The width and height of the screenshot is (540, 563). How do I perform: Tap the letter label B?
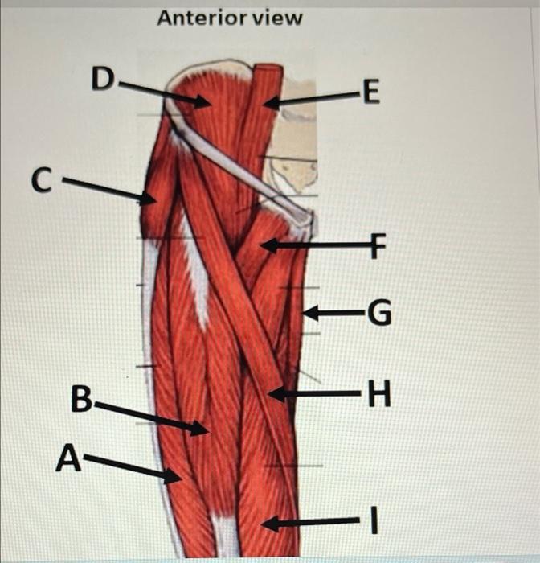[82, 399]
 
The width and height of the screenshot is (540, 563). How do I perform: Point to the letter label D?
[102, 78]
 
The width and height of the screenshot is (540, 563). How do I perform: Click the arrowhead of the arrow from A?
[178, 480]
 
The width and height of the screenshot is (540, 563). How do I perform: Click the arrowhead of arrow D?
[208, 102]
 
